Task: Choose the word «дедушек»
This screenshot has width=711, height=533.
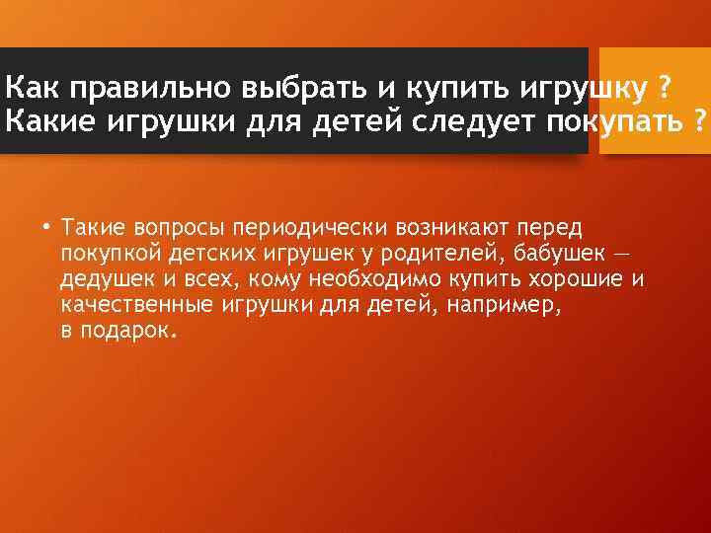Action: [x=101, y=279]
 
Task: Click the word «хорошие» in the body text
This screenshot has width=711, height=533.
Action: [x=577, y=279]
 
